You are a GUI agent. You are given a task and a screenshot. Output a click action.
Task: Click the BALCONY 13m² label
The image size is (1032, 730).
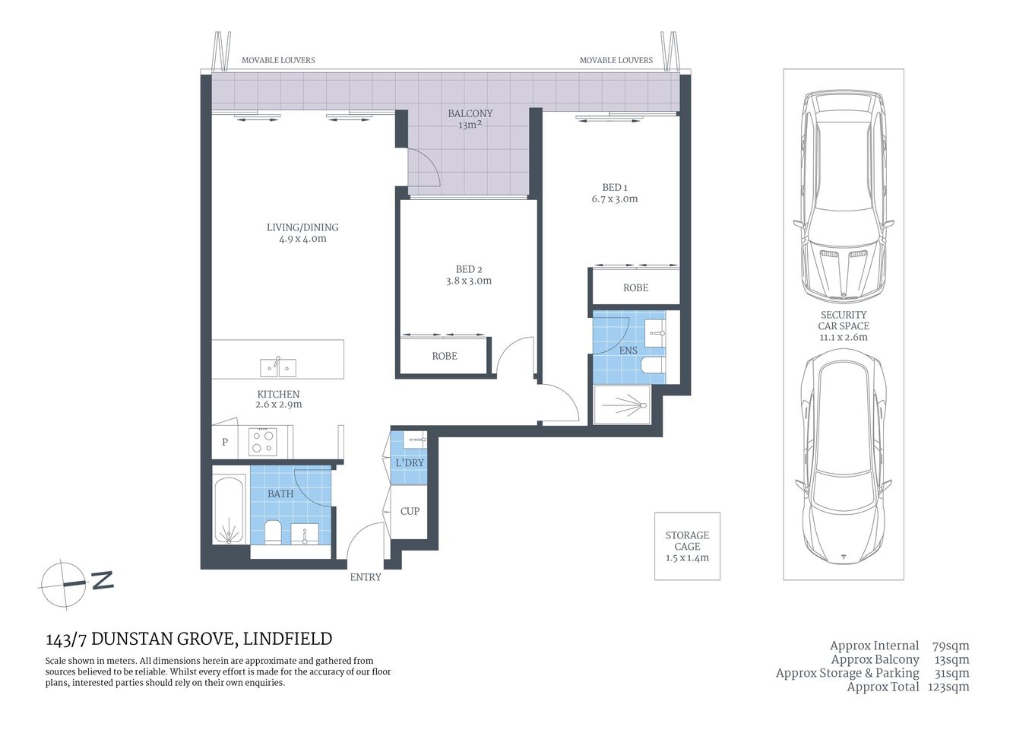point(470,119)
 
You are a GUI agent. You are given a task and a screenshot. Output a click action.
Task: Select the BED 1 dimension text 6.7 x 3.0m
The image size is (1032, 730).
point(614,199)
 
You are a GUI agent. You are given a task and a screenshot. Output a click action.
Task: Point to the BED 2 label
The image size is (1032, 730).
point(469,269)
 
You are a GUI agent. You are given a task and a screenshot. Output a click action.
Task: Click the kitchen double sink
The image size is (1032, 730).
point(278,368)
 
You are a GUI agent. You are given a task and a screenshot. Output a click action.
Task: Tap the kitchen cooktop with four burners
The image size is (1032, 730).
point(263,442)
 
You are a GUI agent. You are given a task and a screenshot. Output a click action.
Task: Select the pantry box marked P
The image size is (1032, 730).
point(225,442)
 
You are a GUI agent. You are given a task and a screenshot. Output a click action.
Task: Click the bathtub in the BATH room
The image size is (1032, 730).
point(230,509)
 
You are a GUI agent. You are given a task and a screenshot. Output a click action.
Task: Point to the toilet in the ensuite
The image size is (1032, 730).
point(652,366)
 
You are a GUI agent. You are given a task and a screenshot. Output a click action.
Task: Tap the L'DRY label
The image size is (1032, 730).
point(410,463)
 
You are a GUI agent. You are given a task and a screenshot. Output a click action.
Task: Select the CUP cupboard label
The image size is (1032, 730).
point(410,511)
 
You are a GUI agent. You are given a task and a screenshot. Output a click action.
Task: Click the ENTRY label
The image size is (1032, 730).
point(366,577)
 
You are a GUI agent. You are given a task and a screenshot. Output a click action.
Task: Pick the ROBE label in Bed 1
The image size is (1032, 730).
point(635,288)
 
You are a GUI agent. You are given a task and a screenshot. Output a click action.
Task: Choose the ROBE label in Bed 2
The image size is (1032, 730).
point(445,356)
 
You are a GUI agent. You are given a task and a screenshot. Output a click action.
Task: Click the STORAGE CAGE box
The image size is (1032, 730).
point(687,546)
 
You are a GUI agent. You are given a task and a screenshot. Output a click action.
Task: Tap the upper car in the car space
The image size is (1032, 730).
point(843,196)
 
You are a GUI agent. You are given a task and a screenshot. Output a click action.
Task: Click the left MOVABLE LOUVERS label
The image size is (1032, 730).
point(278,60)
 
